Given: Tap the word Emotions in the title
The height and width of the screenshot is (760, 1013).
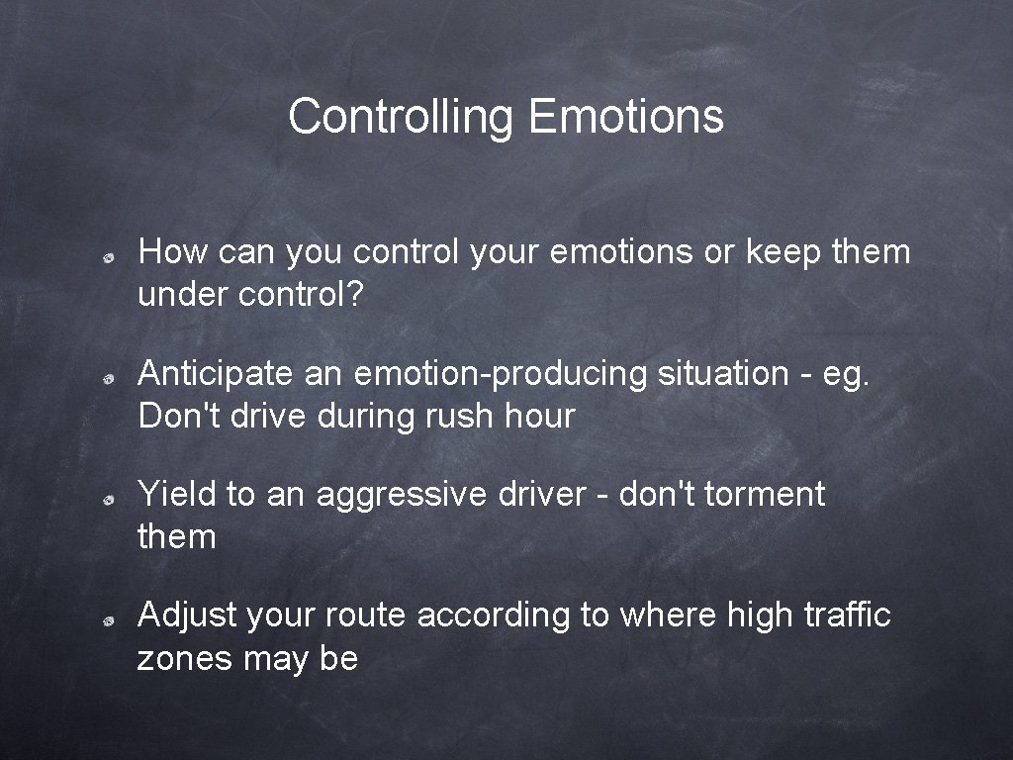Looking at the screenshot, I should coord(625,117).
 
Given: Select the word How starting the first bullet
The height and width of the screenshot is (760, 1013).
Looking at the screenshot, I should coord(173,252).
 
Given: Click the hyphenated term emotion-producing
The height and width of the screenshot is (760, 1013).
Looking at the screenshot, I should coord(500,374).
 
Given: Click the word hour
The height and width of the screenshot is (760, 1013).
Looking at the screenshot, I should coord(540,417).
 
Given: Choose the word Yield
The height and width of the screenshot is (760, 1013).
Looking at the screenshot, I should coord(178,494).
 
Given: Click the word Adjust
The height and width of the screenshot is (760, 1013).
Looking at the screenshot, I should coord(187,616).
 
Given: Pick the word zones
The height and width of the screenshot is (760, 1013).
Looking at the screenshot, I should coord(183,658).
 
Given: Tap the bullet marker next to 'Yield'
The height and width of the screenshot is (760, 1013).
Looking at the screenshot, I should coord(114,498).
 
